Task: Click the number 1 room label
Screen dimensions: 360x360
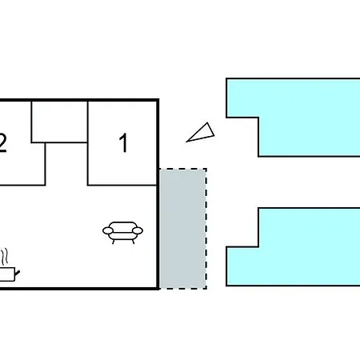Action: tap(123, 143)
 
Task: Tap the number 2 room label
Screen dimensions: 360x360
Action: tap(2, 143)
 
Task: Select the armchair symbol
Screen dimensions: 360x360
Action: tap(122, 233)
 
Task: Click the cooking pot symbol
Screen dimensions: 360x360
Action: tap(8, 274)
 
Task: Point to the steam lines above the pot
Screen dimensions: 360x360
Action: tap(4, 257)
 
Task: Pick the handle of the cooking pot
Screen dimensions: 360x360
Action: tap(18, 273)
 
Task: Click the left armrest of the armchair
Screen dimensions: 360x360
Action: tap(108, 230)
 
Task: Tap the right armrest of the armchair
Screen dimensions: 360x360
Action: tap(138, 230)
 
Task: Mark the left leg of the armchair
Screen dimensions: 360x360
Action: tap(114, 242)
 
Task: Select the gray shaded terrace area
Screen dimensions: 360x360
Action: tap(183, 229)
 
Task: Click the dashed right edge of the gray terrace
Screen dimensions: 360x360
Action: tap(206, 229)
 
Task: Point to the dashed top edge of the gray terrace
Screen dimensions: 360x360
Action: tap(183, 169)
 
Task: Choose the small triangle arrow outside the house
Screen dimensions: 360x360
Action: tap(201, 133)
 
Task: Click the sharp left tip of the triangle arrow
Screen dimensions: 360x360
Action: tap(186, 142)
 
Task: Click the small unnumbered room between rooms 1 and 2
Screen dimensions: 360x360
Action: tap(59, 122)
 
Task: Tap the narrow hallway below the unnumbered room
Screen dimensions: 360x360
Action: tap(66, 164)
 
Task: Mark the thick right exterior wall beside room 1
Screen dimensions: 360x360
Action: tap(158, 142)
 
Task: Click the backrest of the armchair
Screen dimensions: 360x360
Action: tap(122, 226)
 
